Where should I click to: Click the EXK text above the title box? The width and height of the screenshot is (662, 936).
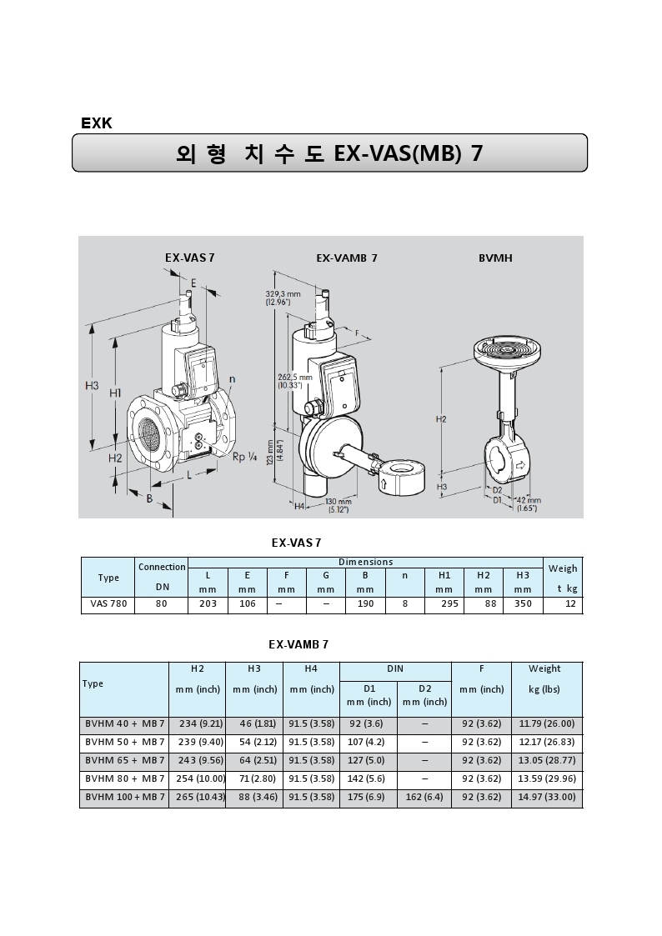(x=97, y=123)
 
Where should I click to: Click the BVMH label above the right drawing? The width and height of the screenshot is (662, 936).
(x=495, y=258)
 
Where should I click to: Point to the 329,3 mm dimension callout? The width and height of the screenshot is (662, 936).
(x=283, y=298)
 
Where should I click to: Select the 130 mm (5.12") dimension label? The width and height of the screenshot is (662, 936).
(x=339, y=505)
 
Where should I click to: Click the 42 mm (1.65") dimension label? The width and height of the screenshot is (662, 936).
(x=527, y=503)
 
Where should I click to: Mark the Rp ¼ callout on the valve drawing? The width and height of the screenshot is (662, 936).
(x=243, y=456)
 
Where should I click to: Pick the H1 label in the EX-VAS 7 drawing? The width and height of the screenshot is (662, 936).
(x=116, y=393)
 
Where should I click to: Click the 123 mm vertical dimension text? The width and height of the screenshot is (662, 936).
(x=271, y=465)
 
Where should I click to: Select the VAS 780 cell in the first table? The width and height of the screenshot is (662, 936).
(x=108, y=604)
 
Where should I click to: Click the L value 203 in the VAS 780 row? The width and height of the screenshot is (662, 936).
(x=208, y=604)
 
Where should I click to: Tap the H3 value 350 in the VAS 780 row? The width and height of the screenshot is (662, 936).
(x=523, y=604)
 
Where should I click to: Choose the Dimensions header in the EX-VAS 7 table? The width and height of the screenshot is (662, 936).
(x=365, y=563)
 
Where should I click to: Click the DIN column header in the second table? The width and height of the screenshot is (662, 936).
(x=395, y=669)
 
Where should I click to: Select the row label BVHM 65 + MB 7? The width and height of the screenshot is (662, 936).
(x=125, y=760)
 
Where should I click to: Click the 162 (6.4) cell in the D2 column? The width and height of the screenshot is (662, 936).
(x=424, y=798)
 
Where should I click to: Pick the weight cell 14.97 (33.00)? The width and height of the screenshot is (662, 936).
(x=546, y=798)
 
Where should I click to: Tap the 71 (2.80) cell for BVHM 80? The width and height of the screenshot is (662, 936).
(x=253, y=779)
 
